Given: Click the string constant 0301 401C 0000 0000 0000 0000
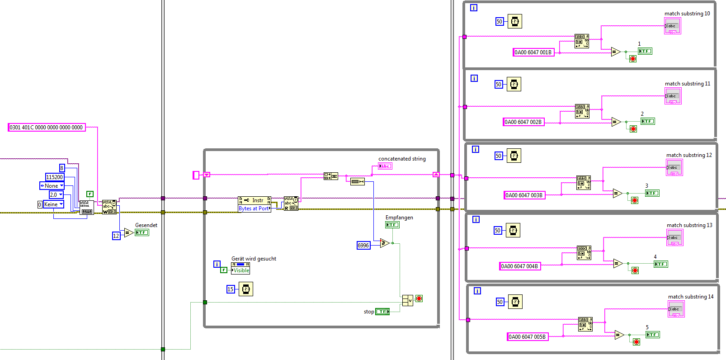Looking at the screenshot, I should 47,128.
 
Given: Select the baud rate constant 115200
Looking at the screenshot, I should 55,177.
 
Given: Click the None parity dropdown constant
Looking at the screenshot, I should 52,186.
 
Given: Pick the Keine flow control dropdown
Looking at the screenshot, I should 53,204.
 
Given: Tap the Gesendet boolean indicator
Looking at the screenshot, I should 142,232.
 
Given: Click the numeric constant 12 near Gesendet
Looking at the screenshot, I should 116,236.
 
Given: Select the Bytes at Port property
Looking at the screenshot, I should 254,208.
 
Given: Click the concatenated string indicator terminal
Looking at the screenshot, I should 385,166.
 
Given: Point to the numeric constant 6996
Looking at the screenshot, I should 363,246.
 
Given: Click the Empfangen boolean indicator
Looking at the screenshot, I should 392,225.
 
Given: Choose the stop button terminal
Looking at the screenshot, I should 382,312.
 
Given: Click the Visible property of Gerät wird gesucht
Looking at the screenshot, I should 240,270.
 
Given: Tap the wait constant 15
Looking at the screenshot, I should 231,289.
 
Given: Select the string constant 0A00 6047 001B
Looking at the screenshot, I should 533,52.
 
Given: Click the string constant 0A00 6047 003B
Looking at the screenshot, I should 524,195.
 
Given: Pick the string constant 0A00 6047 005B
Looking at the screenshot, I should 527,337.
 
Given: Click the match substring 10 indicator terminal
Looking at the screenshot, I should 672,26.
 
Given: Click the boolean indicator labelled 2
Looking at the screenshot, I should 648,121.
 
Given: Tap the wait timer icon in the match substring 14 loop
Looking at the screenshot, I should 515,302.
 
